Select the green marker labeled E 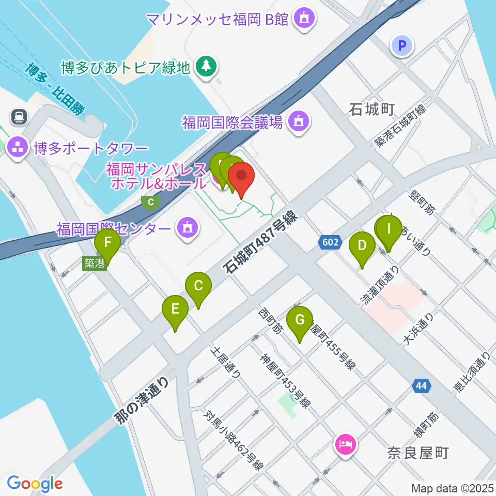coord(175,309)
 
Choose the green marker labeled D coord(362,246)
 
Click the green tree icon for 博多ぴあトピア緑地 coord(206,67)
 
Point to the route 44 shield coord(421,385)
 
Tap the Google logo coord(35,484)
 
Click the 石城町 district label coord(372,109)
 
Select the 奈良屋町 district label coord(417,454)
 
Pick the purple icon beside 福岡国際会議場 coord(298,122)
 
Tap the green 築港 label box coord(94,263)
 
